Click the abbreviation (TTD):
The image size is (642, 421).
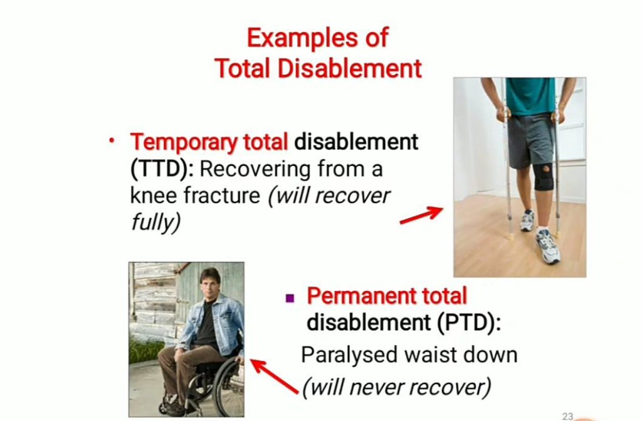tap(162, 169)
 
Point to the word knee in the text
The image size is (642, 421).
tap(154, 195)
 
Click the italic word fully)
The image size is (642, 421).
tap(155, 222)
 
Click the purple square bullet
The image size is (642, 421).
tap(290, 298)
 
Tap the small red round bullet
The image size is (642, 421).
tap(112, 140)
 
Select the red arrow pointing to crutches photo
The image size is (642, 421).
tap(421, 216)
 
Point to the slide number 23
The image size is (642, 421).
tap(567, 416)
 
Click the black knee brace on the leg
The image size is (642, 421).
tap(545, 177)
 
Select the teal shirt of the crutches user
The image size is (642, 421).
tap(530, 96)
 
